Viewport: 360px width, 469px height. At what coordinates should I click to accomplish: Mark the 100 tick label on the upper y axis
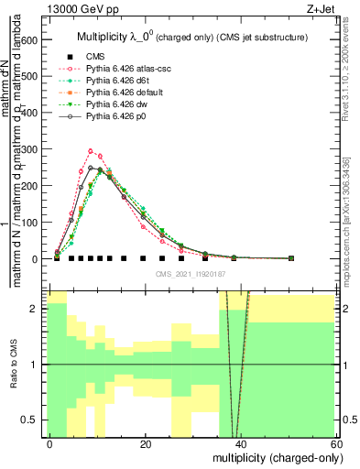(29, 223)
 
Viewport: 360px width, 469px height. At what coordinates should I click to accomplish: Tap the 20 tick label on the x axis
(146, 444)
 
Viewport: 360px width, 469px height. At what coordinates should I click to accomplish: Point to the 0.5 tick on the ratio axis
(31, 420)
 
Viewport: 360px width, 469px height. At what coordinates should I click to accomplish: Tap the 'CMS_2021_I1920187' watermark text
(191, 274)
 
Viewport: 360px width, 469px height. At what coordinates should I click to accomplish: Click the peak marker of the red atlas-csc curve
(91, 151)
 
